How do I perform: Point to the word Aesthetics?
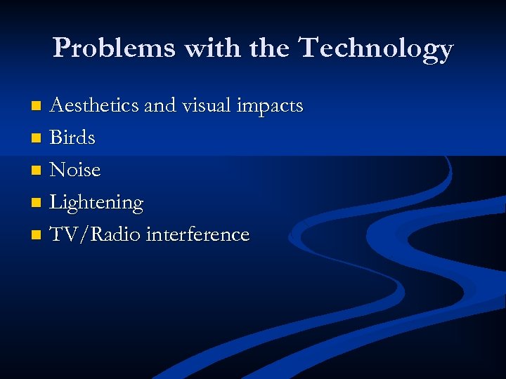tap(94, 106)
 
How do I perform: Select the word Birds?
tap(72, 138)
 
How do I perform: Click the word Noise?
tap(75, 170)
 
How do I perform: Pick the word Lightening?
tap(96, 203)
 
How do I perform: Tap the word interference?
tap(197, 234)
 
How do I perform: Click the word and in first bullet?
tap(160, 106)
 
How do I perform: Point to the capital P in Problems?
tap(62, 48)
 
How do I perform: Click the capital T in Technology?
tap(310, 48)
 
